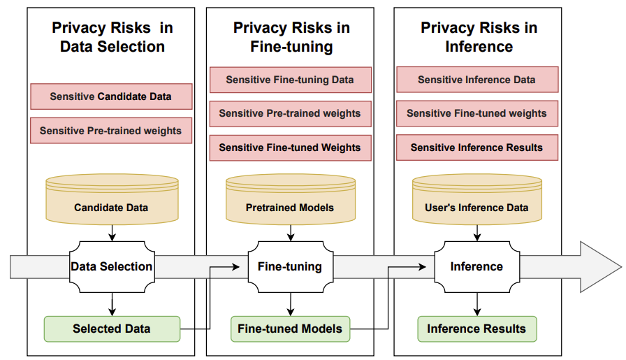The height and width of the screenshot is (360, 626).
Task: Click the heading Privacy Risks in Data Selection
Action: tap(112, 38)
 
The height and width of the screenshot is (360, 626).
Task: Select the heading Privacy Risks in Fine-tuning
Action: tap(291, 38)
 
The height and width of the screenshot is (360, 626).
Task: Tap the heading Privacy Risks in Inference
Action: tap(479, 38)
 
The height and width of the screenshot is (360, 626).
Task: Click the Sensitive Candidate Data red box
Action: tap(111, 96)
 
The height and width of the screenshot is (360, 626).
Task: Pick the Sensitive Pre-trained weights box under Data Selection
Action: tap(111, 131)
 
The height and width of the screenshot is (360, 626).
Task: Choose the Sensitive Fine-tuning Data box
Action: tap(290, 80)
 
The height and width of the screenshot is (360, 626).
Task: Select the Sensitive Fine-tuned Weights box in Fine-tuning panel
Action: tap(290, 147)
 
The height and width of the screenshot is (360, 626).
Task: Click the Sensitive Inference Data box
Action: tap(477, 80)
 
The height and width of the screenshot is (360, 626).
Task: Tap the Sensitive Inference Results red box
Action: tap(477, 147)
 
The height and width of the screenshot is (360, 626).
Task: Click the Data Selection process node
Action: tap(112, 266)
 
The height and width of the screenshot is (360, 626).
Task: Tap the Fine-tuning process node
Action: tap(290, 266)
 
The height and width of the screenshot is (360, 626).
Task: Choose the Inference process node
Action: tap(476, 266)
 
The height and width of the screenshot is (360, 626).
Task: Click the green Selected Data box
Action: tap(112, 329)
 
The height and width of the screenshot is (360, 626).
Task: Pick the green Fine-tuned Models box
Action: tap(290, 329)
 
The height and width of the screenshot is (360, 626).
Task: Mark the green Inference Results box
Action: tap(476, 329)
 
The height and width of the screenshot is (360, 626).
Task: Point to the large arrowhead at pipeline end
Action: tap(600, 266)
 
